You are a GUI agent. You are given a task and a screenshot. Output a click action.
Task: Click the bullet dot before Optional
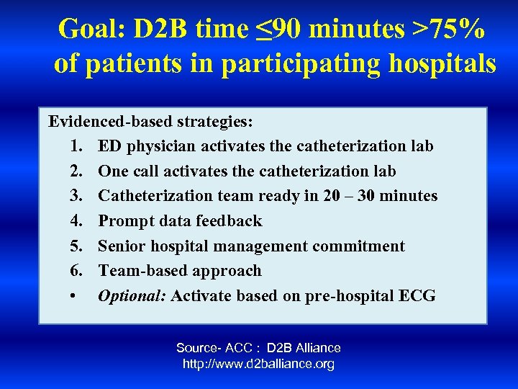tap(77, 296)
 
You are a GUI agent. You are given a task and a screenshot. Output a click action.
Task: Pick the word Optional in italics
tap(132, 296)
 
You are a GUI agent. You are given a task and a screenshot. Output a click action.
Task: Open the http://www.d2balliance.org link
tap(258, 364)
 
